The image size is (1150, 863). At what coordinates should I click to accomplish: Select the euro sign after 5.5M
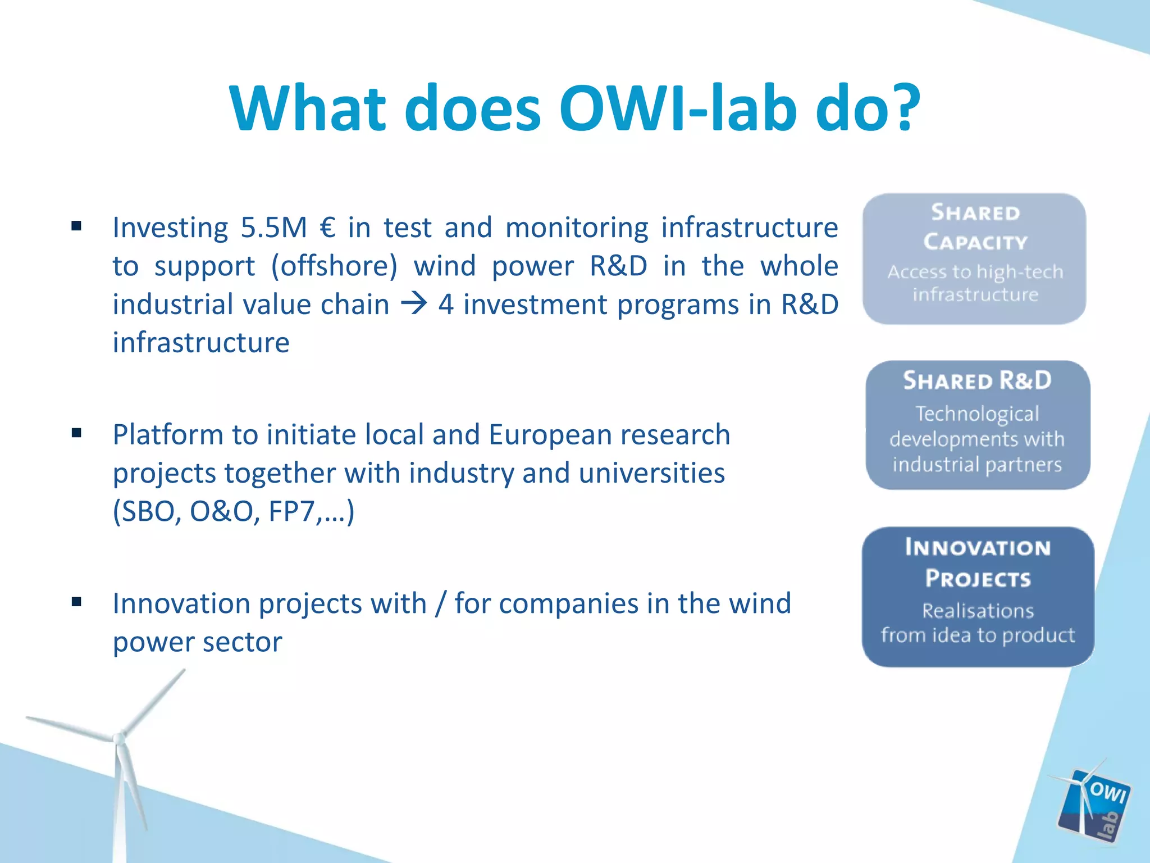point(327,228)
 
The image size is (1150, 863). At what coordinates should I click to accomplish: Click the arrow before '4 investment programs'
point(414,305)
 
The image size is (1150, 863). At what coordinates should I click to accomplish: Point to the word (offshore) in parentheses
point(334,266)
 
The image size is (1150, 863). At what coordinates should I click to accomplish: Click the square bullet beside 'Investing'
point(77,226)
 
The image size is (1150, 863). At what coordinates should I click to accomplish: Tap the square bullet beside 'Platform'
point(77,433)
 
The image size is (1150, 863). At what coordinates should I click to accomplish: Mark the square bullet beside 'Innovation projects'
point(77,602)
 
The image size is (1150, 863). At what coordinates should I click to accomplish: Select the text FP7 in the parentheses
point(291,511)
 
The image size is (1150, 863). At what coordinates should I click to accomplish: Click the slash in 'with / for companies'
point(440,604)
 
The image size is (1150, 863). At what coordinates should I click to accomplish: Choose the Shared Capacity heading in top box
point(975,227)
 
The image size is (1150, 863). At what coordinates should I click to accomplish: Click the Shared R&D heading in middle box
point(977,381)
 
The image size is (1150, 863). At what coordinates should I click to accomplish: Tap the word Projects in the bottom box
point(978,578)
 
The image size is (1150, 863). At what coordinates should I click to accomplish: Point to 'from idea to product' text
point(978,635)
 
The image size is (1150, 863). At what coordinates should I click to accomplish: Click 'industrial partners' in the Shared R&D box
point(977,464)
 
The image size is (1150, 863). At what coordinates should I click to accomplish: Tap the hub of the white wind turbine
point(118,738)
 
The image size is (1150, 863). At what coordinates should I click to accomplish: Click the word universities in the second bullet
point(651,473)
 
